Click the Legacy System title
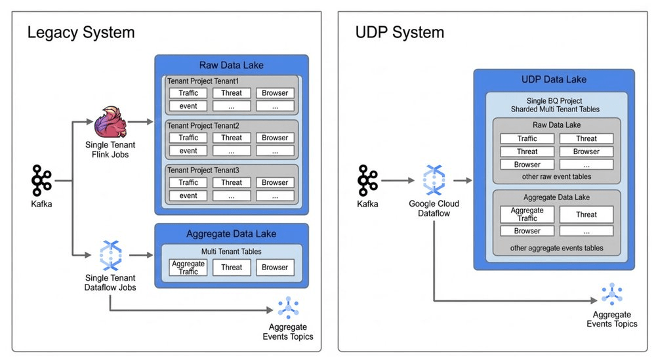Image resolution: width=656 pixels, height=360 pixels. click(x=81, y=32)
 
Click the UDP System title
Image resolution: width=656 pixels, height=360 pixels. click(x=399, y=32)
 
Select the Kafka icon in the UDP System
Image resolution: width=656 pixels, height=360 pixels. click(x=367, y=180)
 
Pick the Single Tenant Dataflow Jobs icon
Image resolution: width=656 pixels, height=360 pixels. click(x=110, y=256)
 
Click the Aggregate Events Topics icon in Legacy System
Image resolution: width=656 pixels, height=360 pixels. click(x=287, y=308)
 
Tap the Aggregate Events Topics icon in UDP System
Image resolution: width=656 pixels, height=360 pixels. click(x=611, y=294)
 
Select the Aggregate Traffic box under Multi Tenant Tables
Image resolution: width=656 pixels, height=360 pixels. click(x=188, y=267)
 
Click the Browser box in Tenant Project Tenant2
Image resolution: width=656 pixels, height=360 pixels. click(x=275, y=138)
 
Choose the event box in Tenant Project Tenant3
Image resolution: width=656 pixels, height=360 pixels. click(x=188, y=195)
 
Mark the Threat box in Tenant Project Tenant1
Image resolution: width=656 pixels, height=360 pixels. click(x=232, y=93)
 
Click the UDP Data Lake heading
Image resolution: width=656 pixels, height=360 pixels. click(x=554, y=79)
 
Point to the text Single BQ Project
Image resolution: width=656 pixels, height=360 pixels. click(x=554, y=99)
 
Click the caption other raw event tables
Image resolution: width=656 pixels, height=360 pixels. click(x=557, y=176)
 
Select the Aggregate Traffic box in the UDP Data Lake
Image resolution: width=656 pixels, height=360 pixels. click(x=527, y=214)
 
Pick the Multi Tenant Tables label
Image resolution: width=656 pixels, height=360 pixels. click(x=231, y=251)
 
